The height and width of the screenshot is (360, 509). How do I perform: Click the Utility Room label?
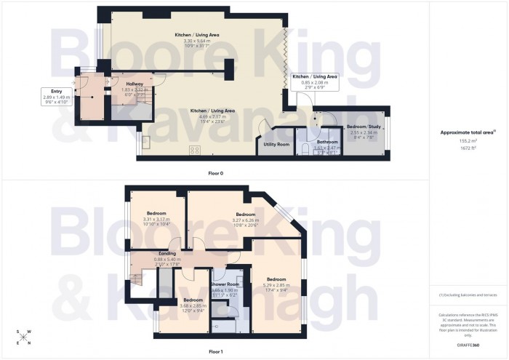[273, 145]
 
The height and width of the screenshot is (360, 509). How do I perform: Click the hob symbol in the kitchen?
[195, 151]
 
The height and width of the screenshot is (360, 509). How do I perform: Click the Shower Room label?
[225, 284]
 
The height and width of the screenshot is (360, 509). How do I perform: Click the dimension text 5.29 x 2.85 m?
[276, 285]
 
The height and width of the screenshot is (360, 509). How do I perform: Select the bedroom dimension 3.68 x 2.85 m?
[193, 305]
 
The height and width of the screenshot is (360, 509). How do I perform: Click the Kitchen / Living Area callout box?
[315, 79]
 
